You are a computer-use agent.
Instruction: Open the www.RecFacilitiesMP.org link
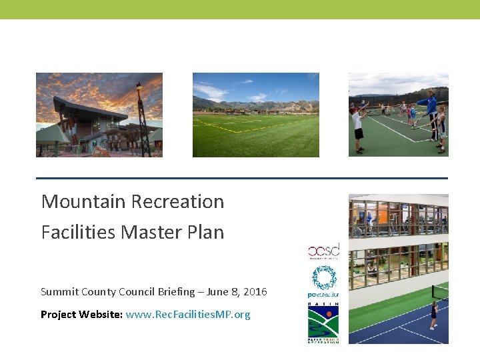(188, 315)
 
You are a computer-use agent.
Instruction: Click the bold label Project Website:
(81, 315)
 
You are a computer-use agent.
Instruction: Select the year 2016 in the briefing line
(255, 292)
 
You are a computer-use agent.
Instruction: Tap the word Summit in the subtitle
(59, 292)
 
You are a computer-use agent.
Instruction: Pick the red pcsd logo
(323, 251)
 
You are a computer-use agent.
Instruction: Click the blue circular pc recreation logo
(323, 281)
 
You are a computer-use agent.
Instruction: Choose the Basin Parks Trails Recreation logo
(323, 323)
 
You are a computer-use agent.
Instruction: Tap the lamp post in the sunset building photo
(140, 117)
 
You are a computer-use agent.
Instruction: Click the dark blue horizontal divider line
(241, 179)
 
